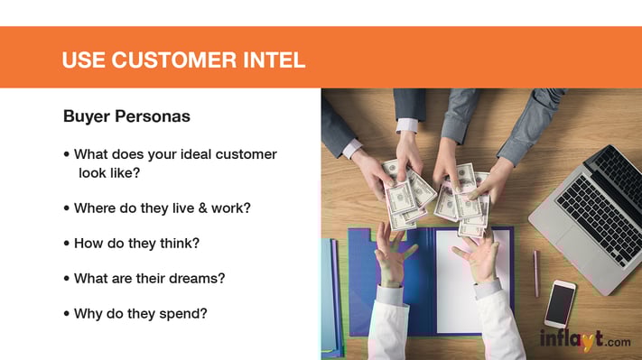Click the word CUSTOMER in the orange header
171,60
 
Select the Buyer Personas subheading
126,117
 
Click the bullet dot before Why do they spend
67,314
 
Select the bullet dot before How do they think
67,244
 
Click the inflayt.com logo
585,340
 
